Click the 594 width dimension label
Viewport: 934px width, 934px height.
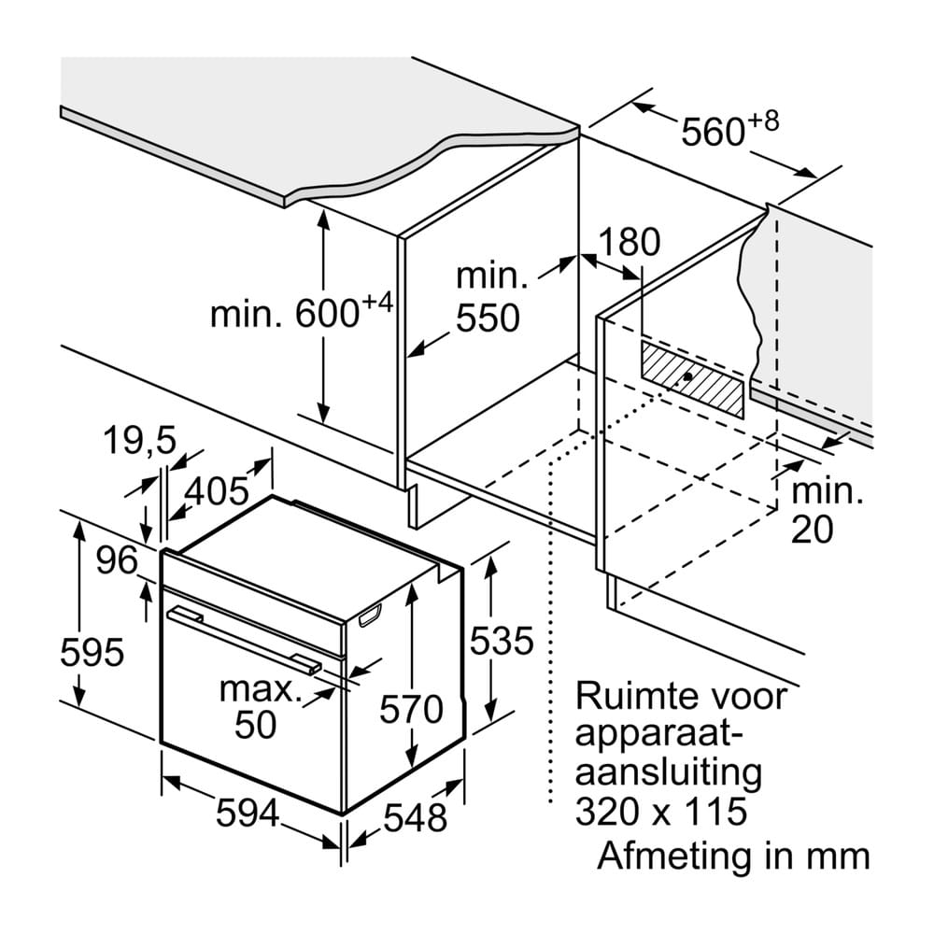pyautogui.click(x=248, y=814)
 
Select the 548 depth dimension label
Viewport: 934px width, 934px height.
pyautogui.click(x=416, y=817)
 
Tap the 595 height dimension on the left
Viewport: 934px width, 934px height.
pyautogui.click(x=92, y=652)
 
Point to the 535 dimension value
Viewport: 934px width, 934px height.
pyautogui.click(x=502, y=642)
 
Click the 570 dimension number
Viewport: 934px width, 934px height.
pyautogui.click(x=412, y=710)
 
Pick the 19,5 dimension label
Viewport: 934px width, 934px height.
pyautogui.click(x=140, y=442)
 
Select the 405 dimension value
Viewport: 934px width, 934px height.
pyautogui.click(x=217, y=491)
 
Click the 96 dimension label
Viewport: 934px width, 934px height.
pyautogui.click(x=118, y=560)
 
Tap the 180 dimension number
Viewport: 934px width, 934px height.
pyautogui.click(x=629, y=242)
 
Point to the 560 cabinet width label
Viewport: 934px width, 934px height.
pyautogui.click(x=713, y=132)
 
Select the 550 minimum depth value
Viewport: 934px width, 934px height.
pyautogui.click(x=488, y=318)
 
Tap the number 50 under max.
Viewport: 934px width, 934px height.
pyautogui.click(x=256, y=725)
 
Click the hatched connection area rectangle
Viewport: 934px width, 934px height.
pyautogui.click(x=692, y=378)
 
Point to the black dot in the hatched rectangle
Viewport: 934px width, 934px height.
pyautogui.click(x=688, y=376)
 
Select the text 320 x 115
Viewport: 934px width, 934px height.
pyautogui.click(x=661, y=812)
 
